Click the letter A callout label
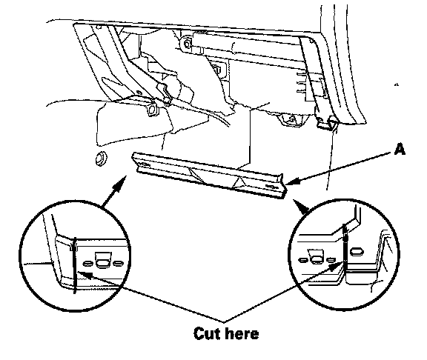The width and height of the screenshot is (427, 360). click(400, 150)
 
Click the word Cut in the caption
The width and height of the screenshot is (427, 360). click(207, 333)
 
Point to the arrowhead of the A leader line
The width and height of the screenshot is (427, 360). click(292, 181)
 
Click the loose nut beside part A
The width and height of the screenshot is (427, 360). click(101, 158)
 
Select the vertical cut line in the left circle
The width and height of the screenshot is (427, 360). click(75, 266)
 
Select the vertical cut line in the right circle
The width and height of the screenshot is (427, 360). click(345, 245)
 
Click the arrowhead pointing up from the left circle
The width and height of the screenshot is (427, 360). click(122, 181)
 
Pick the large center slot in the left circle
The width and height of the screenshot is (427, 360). click(103, 261)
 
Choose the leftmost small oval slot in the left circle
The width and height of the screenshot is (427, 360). click(87, 264)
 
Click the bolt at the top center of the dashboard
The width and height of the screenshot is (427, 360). click(188, 44)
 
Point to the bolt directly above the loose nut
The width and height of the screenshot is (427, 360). click(152, 110)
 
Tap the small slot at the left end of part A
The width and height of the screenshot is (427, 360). click(144, 164)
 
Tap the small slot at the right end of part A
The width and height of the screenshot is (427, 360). click(271, 186)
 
